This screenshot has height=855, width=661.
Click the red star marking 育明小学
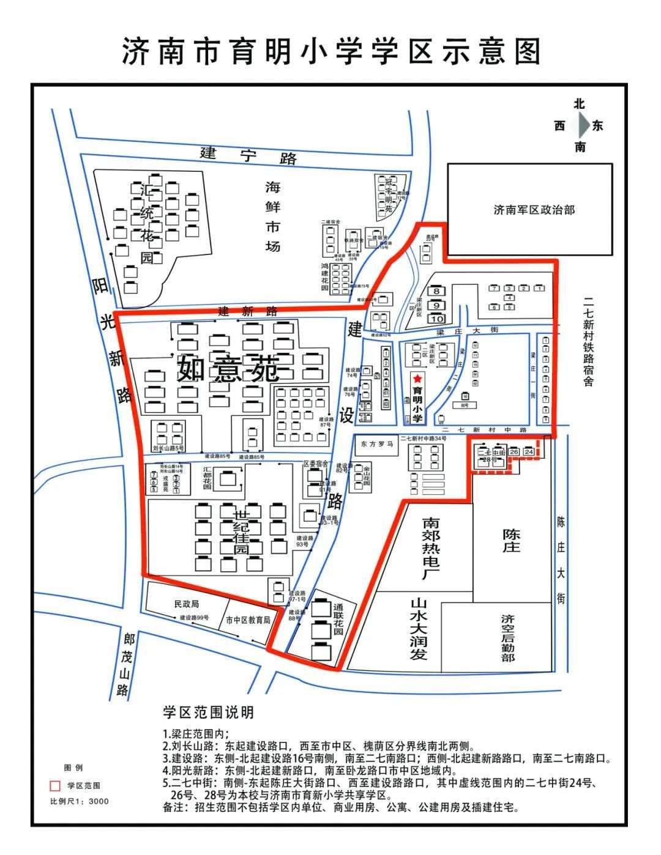click(x=417, y=379)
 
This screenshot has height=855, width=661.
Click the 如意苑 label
click(x=228, y=369)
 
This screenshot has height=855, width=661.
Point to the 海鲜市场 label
click(x=272, y=216)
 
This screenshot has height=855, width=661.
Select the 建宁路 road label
click(x=250, y=155)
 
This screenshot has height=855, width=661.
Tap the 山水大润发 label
click(x=418, y=629)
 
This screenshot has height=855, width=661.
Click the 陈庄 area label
click(x=511, y=541)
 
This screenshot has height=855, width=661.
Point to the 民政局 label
click(x=186, y=604)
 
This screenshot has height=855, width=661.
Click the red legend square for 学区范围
click(x=55, y=785)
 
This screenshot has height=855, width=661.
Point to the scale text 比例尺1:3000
click(x=79, y=801)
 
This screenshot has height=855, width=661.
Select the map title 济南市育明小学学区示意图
click(x=331, y=51)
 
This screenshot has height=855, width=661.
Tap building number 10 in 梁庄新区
click(x=436, y=319)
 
